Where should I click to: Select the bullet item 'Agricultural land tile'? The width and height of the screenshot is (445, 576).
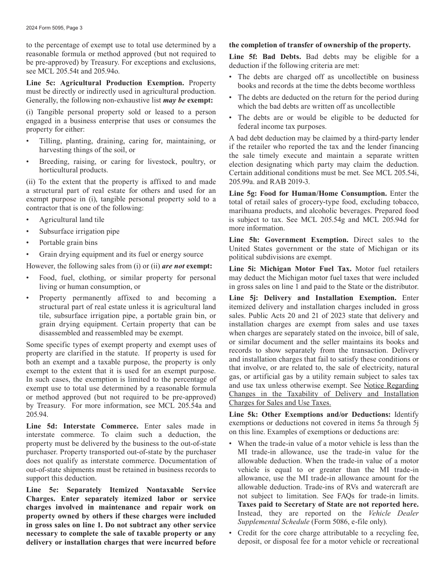[x=72, y=220]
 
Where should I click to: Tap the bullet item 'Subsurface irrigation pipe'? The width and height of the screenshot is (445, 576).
[x=79, y=231]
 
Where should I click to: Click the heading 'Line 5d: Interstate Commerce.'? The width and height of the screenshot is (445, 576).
[x=82, y=426]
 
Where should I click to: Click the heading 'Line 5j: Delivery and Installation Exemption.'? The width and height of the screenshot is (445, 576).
[x=312, y=298]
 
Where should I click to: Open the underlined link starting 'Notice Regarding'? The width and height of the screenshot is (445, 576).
[x=391, y=385]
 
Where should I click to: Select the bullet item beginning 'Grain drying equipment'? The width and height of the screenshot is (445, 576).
[x=121, y=254]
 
